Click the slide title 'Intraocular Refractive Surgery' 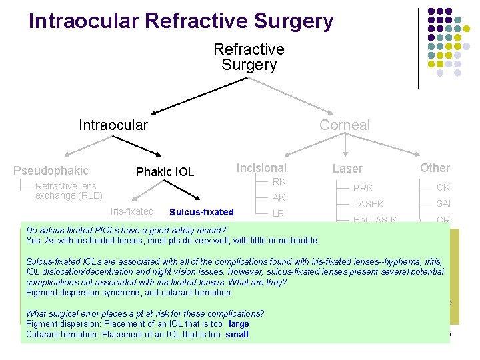click(181, 21)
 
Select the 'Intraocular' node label click(113, 125)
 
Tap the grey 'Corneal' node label click(344, 125)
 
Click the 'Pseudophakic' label click(51, 171)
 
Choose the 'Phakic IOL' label click(165, 172)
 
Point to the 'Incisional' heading click(261, 168)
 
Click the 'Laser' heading click(347, 169)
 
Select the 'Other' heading click(435, 168)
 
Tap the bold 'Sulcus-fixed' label click(201, 212)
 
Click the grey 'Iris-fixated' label click(132, 211)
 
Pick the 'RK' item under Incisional click(279, 181)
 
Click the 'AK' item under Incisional click(279, 197)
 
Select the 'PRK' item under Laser click(363, 188)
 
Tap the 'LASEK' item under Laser click(369, 204)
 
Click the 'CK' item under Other click(443, 187)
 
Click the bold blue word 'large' click(238, 324)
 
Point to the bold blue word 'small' click(237, 334)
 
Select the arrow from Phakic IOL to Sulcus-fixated click(183, 190)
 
